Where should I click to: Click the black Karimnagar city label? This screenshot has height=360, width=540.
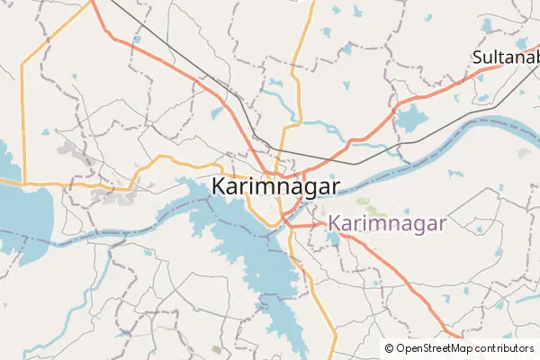click(275, 186)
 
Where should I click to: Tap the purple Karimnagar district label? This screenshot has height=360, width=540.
click(386, 223)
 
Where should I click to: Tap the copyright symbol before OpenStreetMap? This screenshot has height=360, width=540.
click(389, 348)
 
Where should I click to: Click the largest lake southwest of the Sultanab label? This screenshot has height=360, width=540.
click(411, 118)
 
